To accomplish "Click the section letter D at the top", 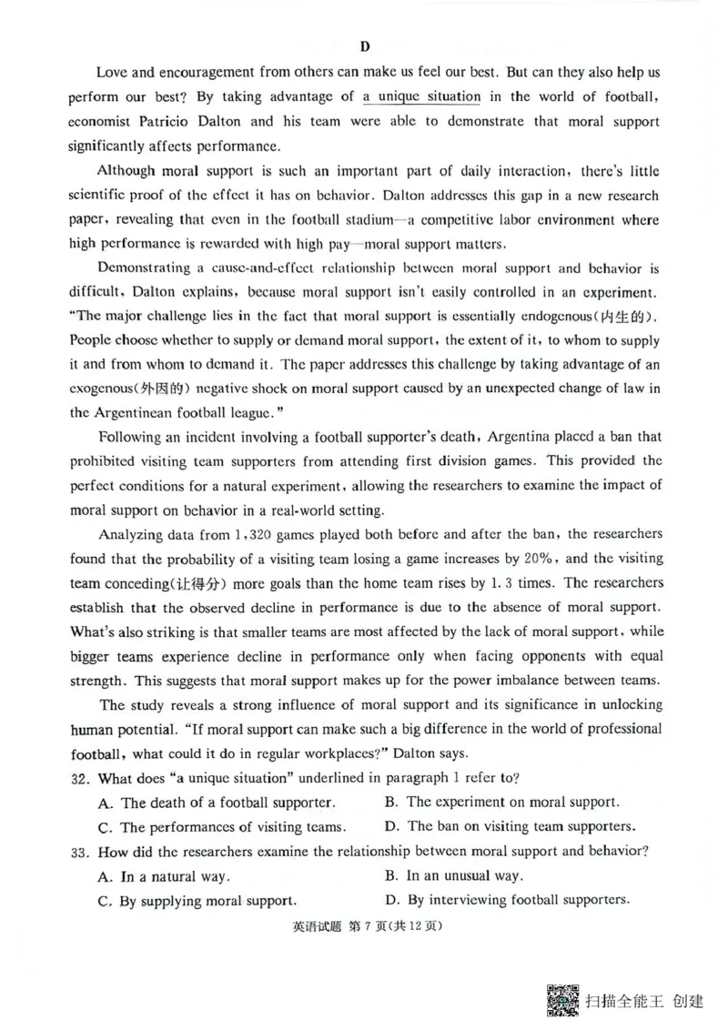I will (x=365, y=46).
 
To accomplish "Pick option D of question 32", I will (x=510, y=826).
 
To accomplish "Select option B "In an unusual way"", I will (x=453, y=876).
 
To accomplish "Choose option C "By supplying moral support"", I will (x=196, y=901).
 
